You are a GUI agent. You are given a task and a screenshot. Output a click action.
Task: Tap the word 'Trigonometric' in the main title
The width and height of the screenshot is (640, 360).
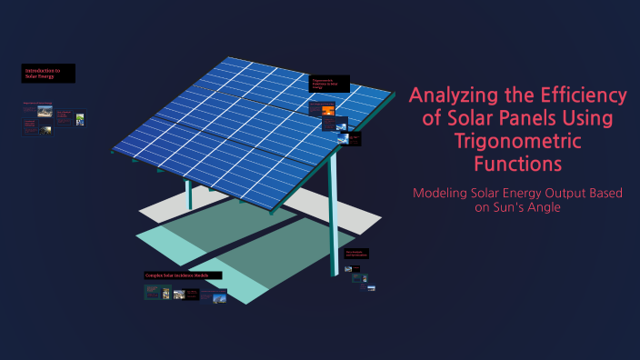click(x=517, y=142)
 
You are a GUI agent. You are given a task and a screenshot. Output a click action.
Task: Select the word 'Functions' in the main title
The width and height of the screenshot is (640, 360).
click(x=517, y=165)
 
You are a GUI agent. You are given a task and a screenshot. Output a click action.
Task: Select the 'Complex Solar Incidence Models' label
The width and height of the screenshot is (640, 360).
click(x=171, y=275)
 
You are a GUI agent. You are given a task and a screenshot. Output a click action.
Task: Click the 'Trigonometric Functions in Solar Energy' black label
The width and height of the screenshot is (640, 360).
click(x=328, y=85)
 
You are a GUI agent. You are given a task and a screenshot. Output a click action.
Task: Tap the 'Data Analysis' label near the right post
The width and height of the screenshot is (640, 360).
click(x=356, y=254)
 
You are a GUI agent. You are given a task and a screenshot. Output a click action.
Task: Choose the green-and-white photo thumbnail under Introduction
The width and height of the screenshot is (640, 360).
click(x=80, y=118)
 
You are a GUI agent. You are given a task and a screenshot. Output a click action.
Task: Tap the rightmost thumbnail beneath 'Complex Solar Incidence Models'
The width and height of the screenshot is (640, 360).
click(x=219, y=295)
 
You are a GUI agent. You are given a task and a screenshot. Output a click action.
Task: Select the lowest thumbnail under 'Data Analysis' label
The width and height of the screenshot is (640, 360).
click(x=370, y=287)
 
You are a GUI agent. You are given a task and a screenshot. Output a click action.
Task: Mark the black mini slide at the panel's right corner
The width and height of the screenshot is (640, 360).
click(x=354, y=139)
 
